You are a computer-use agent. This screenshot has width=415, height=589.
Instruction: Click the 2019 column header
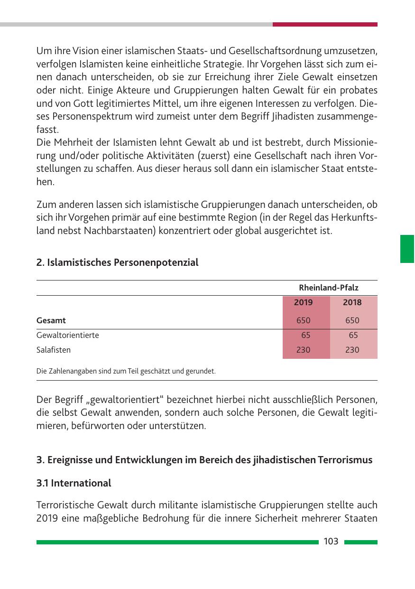tap(303, 302)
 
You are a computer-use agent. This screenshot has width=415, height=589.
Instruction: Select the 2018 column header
tap(352, 302)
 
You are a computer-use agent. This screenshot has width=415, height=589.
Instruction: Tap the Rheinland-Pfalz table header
tap(329, 288)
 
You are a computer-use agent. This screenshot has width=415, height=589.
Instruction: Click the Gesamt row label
tap(51, 320)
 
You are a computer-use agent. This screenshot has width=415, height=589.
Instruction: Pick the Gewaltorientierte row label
tap(68, 335)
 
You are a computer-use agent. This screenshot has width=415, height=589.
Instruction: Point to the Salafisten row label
tap(54, 350)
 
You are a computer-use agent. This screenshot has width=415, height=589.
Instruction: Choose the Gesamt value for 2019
tap(303, 320)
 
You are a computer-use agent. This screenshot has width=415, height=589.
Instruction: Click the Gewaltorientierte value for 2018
tap(353, 335)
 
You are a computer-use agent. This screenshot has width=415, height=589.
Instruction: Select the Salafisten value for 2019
tap(303, 350)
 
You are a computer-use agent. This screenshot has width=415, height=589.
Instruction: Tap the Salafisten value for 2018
tap(352, 350)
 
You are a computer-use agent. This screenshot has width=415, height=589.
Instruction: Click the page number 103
tap(331, 542)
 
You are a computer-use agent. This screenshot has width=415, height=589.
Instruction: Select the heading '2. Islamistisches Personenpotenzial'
tap(117, 262)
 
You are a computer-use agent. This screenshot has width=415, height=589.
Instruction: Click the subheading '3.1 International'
tap(74, 483)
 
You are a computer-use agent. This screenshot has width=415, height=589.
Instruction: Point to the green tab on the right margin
tap(407, 248)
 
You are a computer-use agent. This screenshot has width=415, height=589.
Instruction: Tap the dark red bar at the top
tap(325, 24)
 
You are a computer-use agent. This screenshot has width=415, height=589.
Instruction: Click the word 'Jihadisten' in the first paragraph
tap(275, 116)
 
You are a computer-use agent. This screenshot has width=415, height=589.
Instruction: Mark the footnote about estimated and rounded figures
tap(126, 371)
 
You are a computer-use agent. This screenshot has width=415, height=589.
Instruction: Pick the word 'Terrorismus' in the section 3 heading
tap(346, 460)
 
